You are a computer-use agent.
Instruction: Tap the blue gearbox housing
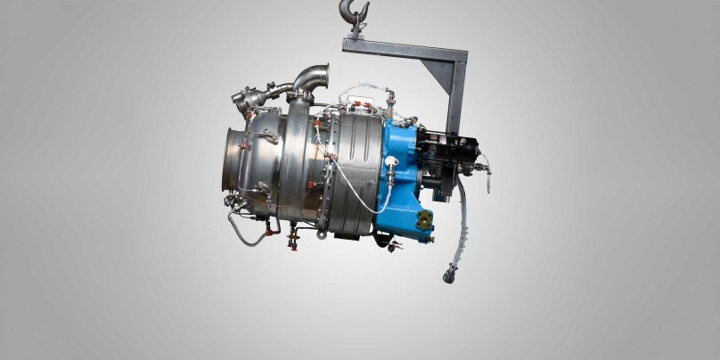pyautogui.click(x=405, y=178)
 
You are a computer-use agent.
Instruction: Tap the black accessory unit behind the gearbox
pyautogui.click(x=454, y=160)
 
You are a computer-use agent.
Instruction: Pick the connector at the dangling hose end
pyautogui.click(x=448, y=274)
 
